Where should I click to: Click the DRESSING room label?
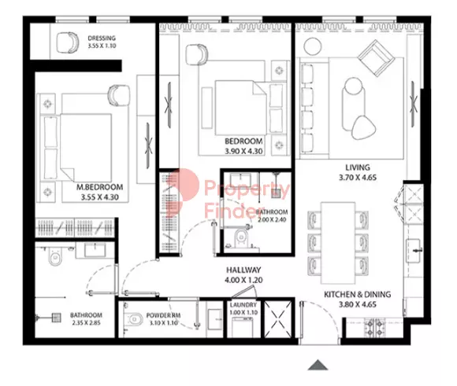pyautogui.click(x=102, y=38)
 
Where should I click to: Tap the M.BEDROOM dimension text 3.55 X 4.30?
pyautogui.click(x=100, y=197)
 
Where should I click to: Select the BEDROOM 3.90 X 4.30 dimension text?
pyautogui.click(x=243, y=151)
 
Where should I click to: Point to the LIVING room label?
pyautogui.click(x=358, y=167)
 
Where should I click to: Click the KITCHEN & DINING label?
pyautogui.click(x=357, y=294)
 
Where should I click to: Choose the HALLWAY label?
pyautogui.click(x=243, y=270)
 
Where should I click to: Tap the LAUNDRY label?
pyautogui.click(x=243, y=305)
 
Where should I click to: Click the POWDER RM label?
pyautogui.click(x=163, y=315)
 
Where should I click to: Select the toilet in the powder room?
pyautogui.click(x=133, y=320)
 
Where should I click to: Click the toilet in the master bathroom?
pyautogui.click(x=55, y=256)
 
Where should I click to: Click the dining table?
pyautogui.click(x=338, y=243)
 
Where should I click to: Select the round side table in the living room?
pyautogui.click(x=313, y=46)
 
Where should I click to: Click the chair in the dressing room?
pyautogui.click(x=67, y=42)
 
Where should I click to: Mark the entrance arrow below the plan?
pyautogui.click(x=318, y=365)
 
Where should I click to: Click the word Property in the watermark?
pyautogui.click(x=247, y=189)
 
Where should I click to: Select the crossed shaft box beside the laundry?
pyautogui.click(x=278, y=319)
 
